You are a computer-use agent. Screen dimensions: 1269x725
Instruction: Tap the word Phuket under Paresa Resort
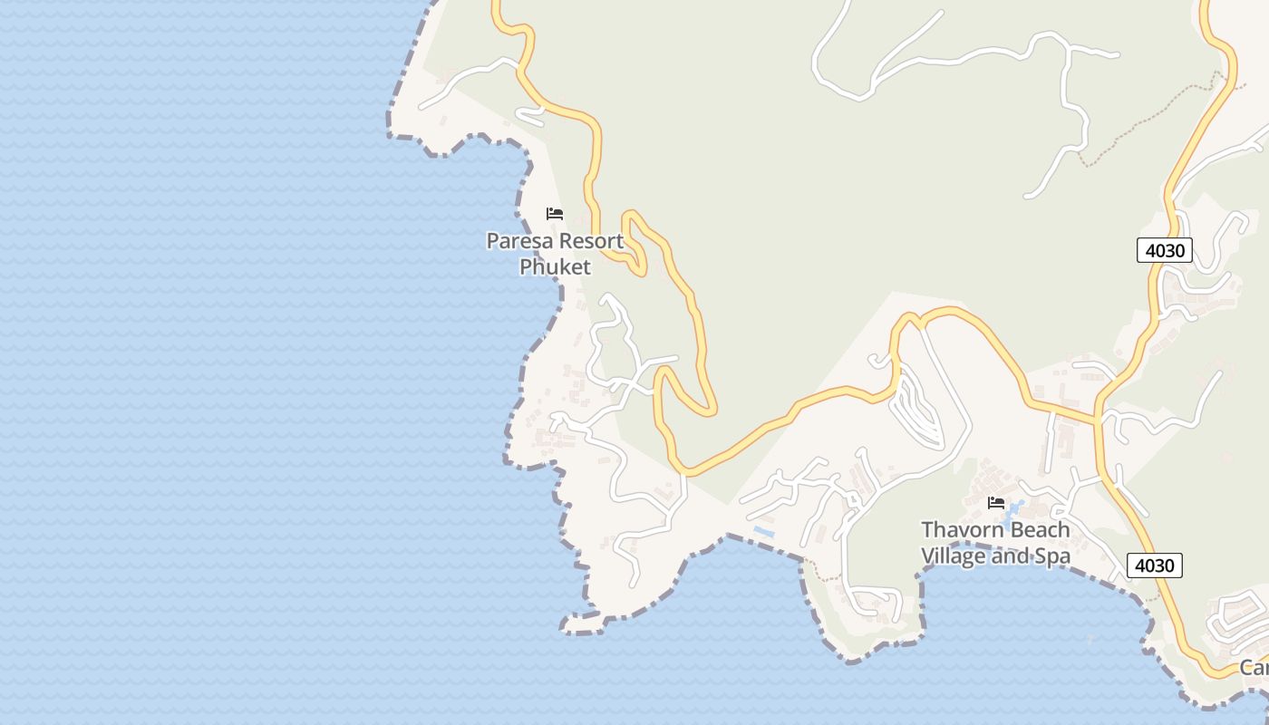(555, 266)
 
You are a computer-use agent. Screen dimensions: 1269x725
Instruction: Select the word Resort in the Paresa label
(589, 241)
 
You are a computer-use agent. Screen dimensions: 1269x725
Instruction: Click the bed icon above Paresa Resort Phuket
(555, 214)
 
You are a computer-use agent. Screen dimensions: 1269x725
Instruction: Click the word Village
(953, 556)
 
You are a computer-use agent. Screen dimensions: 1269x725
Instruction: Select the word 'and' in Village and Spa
(1011, 556)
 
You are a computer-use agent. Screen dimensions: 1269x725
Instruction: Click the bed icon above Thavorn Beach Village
(996, 502)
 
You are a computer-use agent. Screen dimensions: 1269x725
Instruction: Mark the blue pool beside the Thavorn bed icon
(1015, 507)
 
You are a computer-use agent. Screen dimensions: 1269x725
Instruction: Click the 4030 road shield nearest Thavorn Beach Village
(1155, 565)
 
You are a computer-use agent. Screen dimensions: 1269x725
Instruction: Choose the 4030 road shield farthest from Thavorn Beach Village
(1164, 250)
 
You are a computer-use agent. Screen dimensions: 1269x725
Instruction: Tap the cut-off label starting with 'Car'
(1254, 668)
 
